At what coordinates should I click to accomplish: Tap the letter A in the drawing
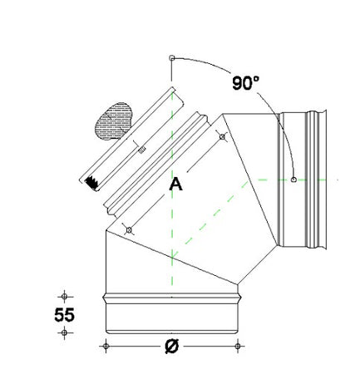175,185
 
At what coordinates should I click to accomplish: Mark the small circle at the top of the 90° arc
171,58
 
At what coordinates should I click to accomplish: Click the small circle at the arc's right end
295,178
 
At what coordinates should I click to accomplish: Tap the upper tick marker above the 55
64,294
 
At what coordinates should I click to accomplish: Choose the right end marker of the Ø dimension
239,345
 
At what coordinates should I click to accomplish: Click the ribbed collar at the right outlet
314,177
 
